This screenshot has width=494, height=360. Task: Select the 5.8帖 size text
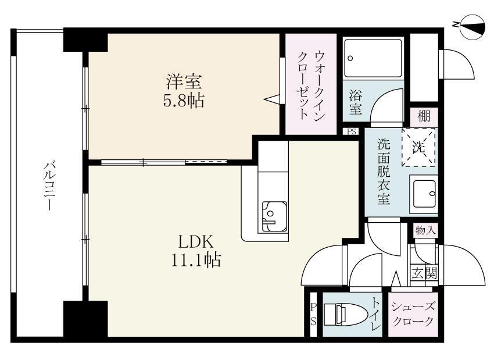click(183, 101)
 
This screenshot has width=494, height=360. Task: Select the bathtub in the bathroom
click(373, 58)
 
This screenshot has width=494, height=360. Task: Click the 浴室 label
click(355, 101)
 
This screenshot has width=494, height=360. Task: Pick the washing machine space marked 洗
click(418, 147)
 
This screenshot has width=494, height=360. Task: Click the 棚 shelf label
click(424, 116)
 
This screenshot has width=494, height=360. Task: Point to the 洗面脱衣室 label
click(383, 171)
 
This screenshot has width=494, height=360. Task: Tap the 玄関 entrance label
click(424, 272)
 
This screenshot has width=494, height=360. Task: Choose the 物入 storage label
click(425, 230)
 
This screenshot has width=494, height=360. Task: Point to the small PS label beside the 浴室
click(351, 131)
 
